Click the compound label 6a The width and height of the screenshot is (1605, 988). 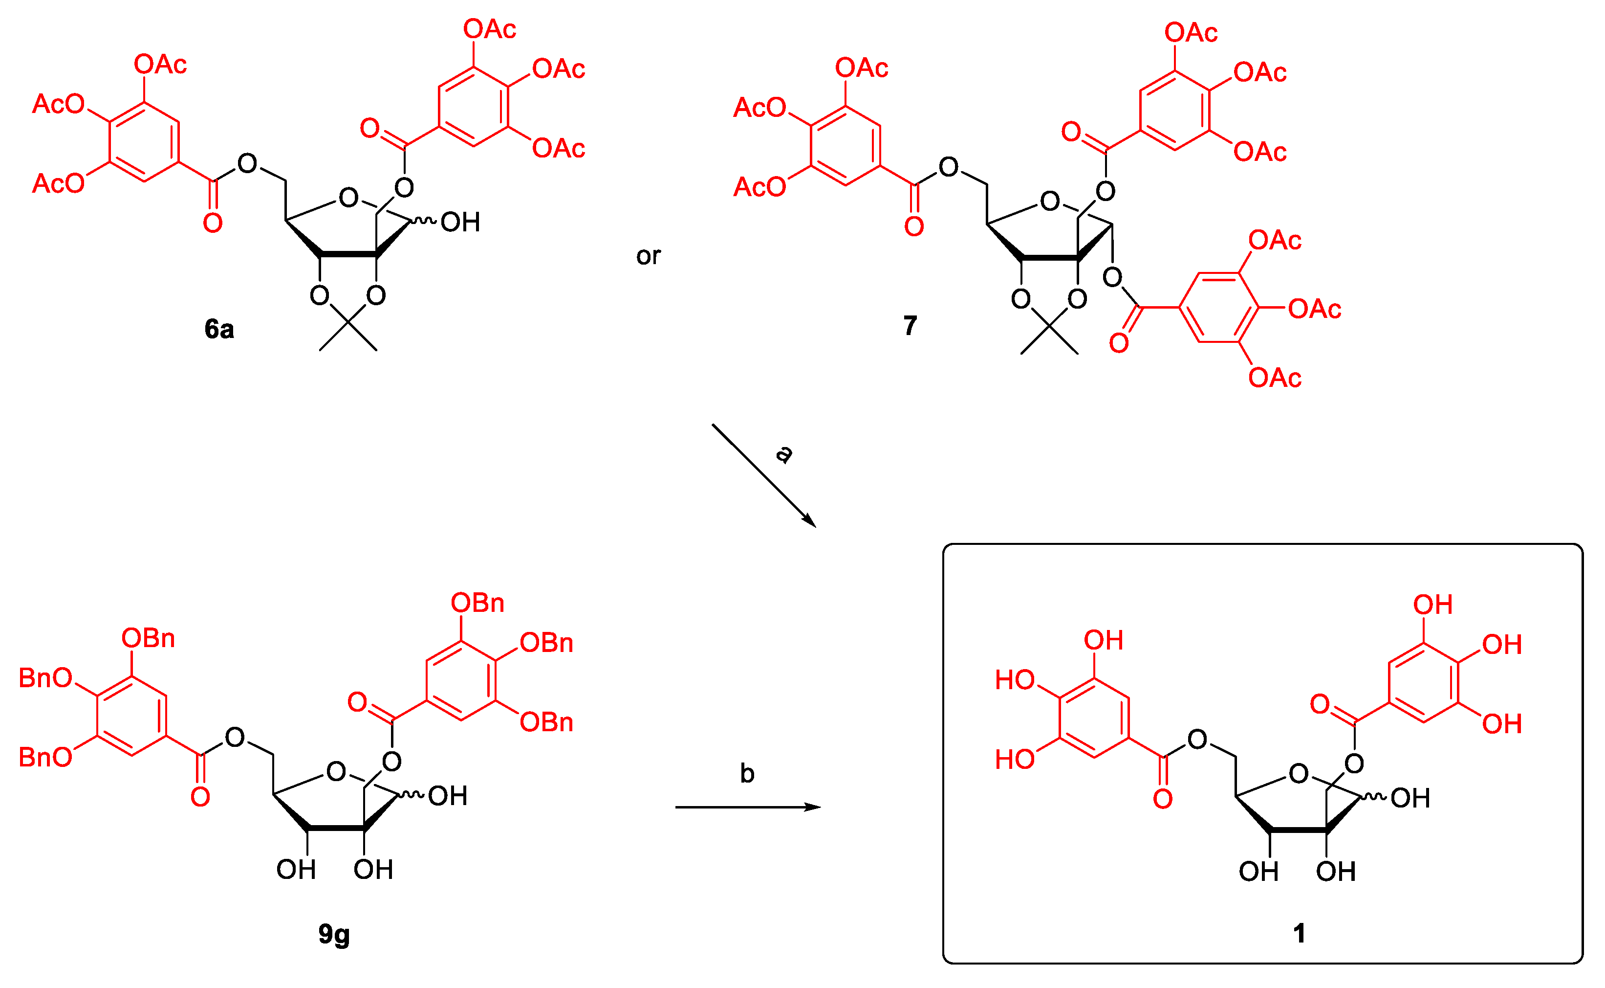pos(219,329)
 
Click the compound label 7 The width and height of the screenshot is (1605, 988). pos(910,325)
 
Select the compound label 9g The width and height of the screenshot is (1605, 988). pos(334,934)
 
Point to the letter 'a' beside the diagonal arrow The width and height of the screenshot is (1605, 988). pos(783,453)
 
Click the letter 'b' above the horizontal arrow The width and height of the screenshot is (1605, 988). pos(747,774)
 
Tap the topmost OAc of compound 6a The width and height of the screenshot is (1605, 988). pos(489,29)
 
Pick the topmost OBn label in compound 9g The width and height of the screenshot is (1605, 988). pos(477,603)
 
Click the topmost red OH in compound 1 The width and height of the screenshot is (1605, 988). pos(1432,605)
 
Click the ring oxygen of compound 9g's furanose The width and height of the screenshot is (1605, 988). pos(336,772)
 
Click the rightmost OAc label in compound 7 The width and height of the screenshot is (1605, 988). pos(1314,309)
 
